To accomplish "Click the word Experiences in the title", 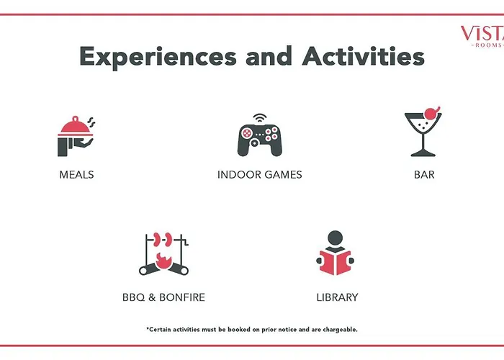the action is [x=158, y=57].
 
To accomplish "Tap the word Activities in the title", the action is [x=363, y=56].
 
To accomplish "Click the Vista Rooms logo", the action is [x=482, y=36].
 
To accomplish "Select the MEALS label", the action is [x=76, y=174].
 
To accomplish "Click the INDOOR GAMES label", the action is [x=260, y=174].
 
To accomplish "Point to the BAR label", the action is [x=424, y=174].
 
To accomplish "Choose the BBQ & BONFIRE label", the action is [x=163, y=297].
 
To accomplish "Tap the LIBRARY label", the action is [x=337, y=297].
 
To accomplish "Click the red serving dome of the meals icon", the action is [x=75, y=126].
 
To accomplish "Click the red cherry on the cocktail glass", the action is [x=432, y=113].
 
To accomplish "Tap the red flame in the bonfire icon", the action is [x=163, y=261].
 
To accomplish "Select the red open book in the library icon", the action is [x=336, y=262].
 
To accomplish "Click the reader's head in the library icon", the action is [x=336, y=238].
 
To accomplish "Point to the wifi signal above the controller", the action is [x=260, y=117].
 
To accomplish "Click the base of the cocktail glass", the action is [x=423, y=154].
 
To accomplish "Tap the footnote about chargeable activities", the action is [x=252, y=330].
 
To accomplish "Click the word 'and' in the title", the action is [x=269, y=56].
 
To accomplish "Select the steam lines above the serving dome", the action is [x=91, y=122].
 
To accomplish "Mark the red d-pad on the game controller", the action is [x=247, y=133].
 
